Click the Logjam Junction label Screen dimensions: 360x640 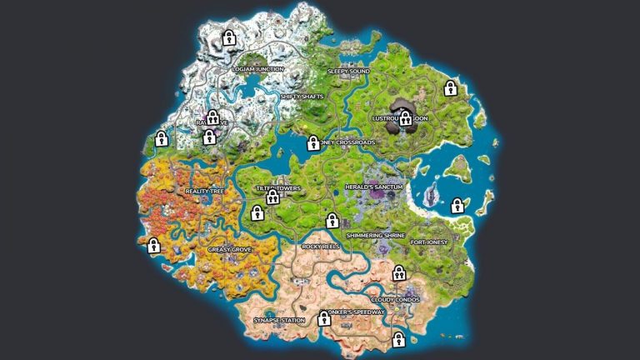(258, 69)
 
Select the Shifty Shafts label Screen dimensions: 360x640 (302, 97)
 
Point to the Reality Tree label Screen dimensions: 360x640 (204, 192)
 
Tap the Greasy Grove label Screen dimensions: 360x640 (230, 248)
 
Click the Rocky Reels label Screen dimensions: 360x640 (322, 247)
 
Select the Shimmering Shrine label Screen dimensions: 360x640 (375, 236)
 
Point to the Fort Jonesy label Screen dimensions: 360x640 (430, 242)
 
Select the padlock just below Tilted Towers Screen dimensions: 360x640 (272, 197)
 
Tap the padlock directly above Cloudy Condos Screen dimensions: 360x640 (399, 272)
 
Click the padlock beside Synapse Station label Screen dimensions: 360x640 (324, 317)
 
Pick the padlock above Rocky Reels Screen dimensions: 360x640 (332, 221)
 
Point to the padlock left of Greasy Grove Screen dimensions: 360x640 (153, 245)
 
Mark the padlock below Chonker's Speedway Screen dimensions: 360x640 (398, 338)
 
